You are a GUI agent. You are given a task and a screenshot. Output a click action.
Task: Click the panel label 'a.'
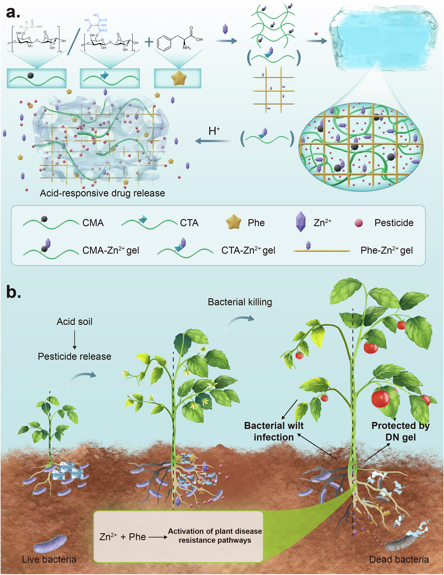[13, 13]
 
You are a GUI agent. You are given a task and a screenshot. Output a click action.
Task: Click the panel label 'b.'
[13, 292]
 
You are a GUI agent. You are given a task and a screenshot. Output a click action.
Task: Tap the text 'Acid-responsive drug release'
[102, 193]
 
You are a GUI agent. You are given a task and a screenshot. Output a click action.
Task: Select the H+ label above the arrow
[214, 131]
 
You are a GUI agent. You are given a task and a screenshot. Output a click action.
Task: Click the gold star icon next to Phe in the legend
[233, 222]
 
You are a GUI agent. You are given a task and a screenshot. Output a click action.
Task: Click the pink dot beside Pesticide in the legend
[358, 223]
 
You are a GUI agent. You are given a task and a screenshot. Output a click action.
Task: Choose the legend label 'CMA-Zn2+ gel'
[111, 250]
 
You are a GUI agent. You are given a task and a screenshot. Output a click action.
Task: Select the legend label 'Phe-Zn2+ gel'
[386, 250]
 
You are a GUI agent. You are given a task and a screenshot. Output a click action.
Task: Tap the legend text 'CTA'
[189, 223]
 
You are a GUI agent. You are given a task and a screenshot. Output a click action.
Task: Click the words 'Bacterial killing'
[240, 302]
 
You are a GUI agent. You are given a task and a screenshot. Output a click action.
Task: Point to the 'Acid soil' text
[74, 322]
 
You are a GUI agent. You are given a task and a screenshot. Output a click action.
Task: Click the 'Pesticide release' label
[74, 356]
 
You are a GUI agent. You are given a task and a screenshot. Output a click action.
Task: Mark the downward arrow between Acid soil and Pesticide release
[74, 340]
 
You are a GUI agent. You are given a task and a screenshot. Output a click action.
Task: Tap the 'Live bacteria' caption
[49, 560]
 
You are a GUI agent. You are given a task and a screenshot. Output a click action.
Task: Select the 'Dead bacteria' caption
[399, 560]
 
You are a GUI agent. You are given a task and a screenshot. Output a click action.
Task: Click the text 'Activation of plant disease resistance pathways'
[215, 536]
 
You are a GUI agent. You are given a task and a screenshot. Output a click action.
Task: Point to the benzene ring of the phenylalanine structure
[164, 43]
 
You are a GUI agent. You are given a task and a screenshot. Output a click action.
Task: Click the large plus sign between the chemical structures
[149, 42]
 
